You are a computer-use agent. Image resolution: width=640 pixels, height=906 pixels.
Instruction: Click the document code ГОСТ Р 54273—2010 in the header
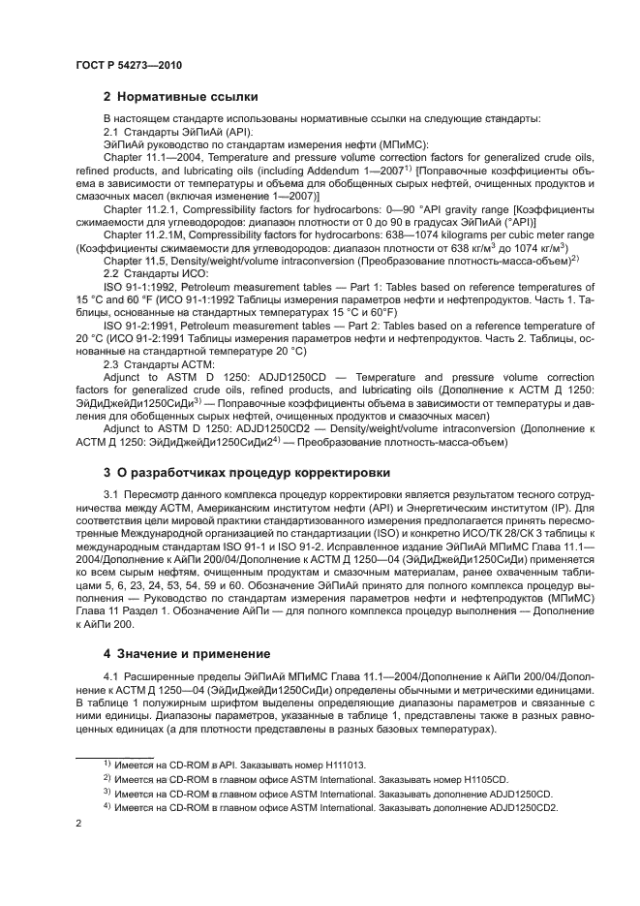128,65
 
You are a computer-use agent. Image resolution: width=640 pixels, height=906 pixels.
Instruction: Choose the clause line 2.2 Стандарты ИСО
148,300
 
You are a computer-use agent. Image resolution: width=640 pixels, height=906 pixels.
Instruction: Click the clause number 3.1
110,496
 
